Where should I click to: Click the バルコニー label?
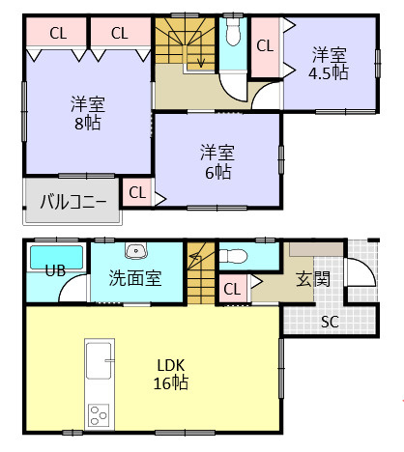click(x=74, y=202)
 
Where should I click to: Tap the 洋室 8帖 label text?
click(x=87, y=112)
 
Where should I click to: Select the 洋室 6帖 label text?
click(x=216, y=161)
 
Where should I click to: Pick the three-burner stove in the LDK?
click(x=100, y=415)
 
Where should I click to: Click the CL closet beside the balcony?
click(x=136, y=192)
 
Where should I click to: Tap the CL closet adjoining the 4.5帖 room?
click(x=264, y=45)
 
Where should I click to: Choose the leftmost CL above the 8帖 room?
click(x=57, y=33)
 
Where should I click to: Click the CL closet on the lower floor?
click(x=232, y=288)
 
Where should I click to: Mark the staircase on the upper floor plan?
click(x=186, y=46)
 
